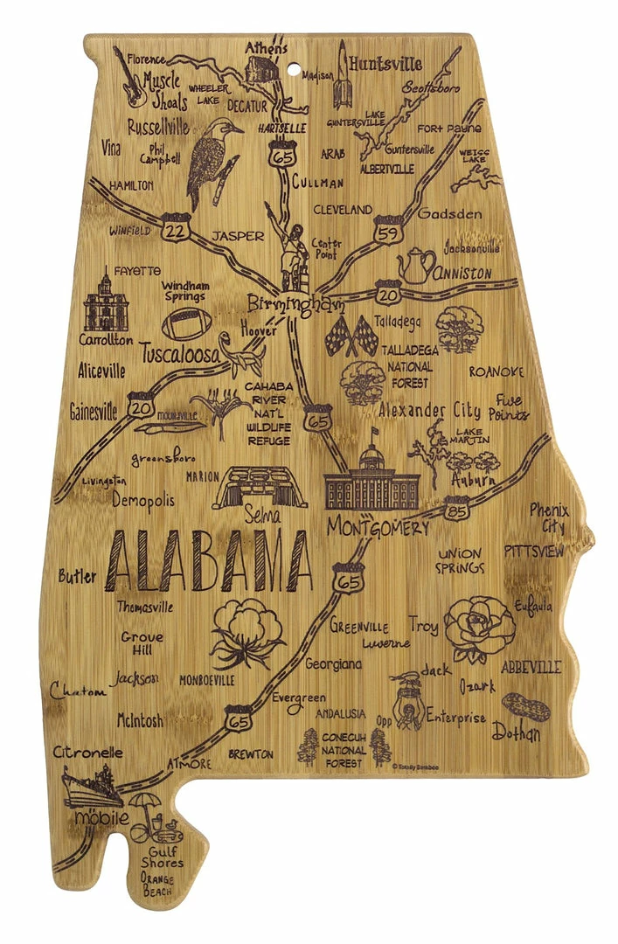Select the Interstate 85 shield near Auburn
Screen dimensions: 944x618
(x=455, y=509)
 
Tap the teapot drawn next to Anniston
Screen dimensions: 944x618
(x=416, y=266)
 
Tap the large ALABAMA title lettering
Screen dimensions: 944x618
(x=210, y=560)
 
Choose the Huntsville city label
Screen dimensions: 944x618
(x=385, y=64)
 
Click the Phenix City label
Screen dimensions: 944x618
(x=549, y=517)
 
